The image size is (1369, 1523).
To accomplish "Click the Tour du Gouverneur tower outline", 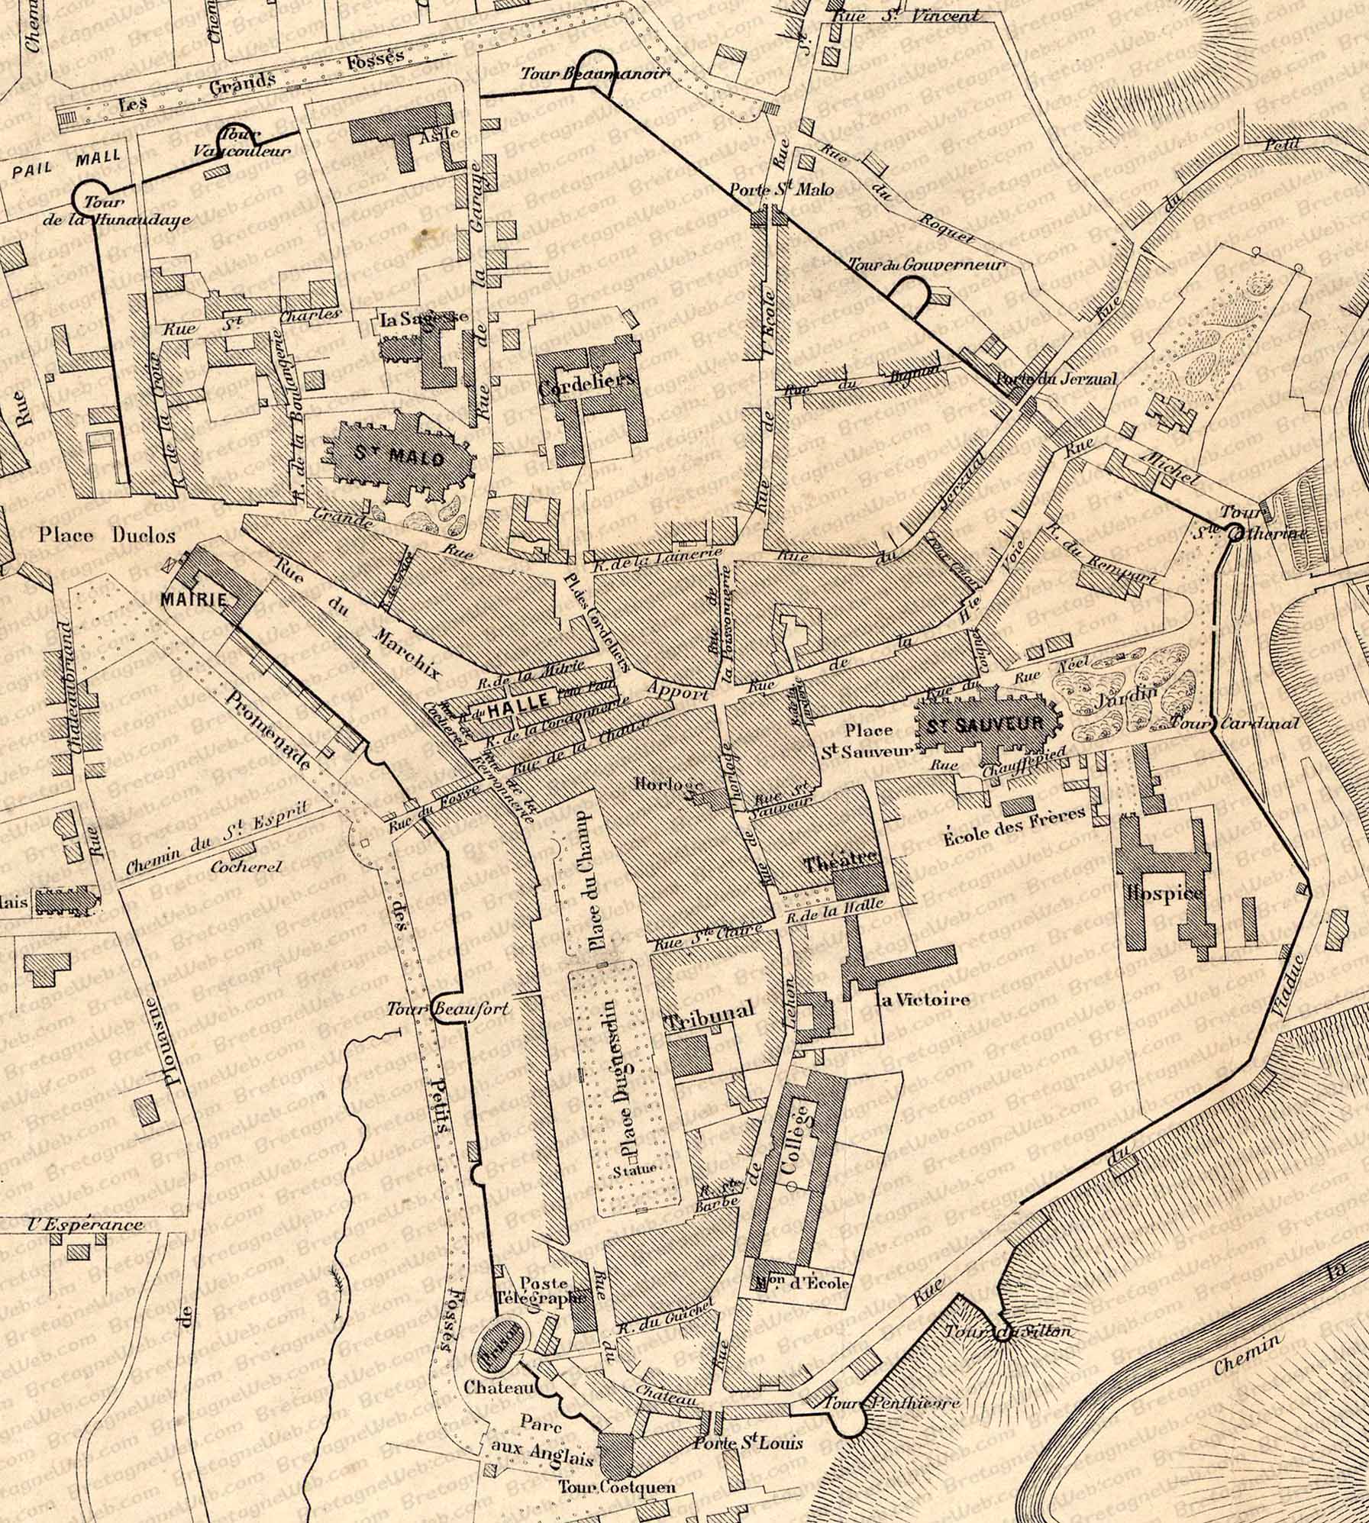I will coord(911,298).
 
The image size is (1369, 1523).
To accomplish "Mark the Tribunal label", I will coord(709,1008).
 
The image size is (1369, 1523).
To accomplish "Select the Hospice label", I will coord(1164,893).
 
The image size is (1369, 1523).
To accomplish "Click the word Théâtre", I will coord(838,863).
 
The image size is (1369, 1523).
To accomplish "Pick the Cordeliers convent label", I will coord(587,389).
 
